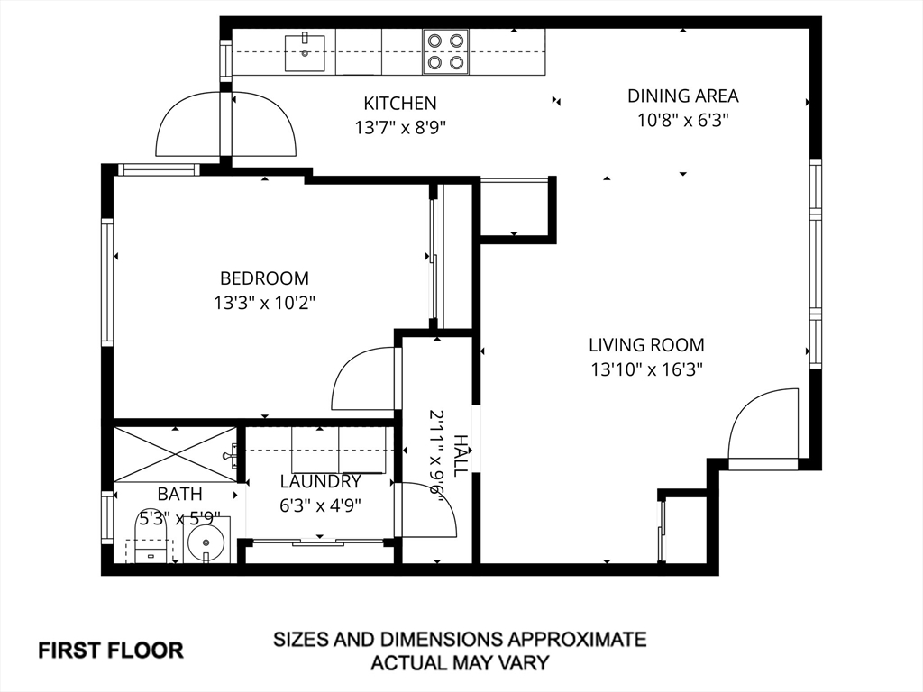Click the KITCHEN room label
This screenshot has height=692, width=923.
click(400, 104)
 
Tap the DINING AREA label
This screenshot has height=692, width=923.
click(683, 96)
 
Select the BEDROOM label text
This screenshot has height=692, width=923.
click(264, 278)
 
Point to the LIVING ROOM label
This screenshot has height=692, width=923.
click(646, 345)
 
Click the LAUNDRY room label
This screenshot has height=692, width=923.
click(320, 481)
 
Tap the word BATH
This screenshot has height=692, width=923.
click(179, 494)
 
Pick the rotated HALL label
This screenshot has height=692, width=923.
click(461, 456)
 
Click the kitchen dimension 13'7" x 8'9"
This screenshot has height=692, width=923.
click(400, 128)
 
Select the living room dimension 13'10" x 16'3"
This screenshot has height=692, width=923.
click(647, 369)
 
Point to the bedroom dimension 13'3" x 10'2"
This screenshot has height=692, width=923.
click(264, 303)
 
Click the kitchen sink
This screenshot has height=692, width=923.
click(305, 52)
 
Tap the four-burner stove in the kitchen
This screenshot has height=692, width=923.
click(445, 51)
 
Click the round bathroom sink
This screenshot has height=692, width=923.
click(206, 541)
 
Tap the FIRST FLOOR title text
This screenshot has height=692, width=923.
click(111, 651)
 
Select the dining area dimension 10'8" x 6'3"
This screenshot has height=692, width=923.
click(683, 121)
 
